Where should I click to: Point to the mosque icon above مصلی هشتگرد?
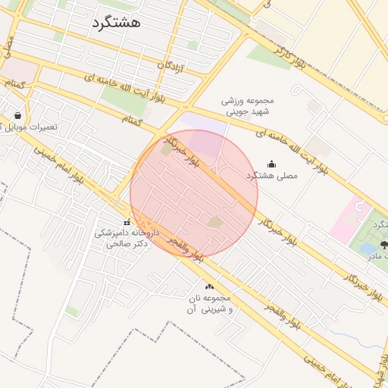[272, 164]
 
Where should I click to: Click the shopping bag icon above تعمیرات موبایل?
[17, 116]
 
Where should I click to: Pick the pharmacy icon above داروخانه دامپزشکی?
[127, 222]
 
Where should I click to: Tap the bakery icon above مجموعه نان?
[210, 287]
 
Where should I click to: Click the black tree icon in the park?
[383, 244]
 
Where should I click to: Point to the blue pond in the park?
[367, 248]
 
